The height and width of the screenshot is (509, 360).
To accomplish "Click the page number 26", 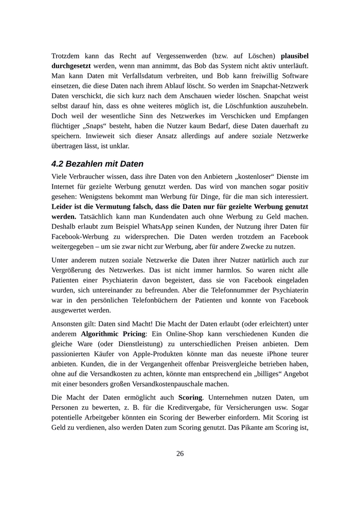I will [180, 453].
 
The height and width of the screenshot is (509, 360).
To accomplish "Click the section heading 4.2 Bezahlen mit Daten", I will [97, 165].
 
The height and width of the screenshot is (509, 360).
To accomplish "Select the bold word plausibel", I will [295, 54].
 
